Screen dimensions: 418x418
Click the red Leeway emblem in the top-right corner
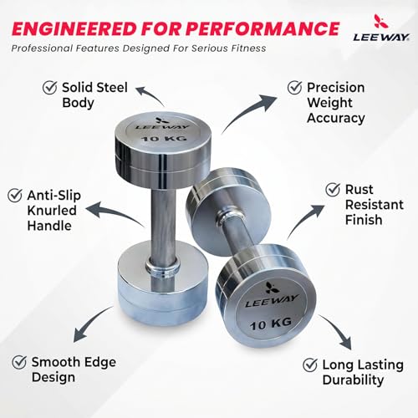pos(381,21)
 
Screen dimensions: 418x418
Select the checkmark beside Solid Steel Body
pos(50,87)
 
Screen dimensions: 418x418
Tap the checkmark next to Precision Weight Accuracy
pos(295,88)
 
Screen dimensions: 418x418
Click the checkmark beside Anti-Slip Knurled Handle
pos(15,195)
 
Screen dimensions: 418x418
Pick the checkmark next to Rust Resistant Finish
pos(333,190)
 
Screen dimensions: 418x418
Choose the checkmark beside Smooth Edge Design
pos(19,362)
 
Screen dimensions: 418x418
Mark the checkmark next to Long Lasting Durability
pos(310,364)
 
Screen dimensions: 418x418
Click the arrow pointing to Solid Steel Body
pos(152,94)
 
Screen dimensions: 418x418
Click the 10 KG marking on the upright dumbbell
pos(164,138)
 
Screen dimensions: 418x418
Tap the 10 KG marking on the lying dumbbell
pos(270,324)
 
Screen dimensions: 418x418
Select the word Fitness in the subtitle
pos(248,48)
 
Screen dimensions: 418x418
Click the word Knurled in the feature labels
pos(52,211)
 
